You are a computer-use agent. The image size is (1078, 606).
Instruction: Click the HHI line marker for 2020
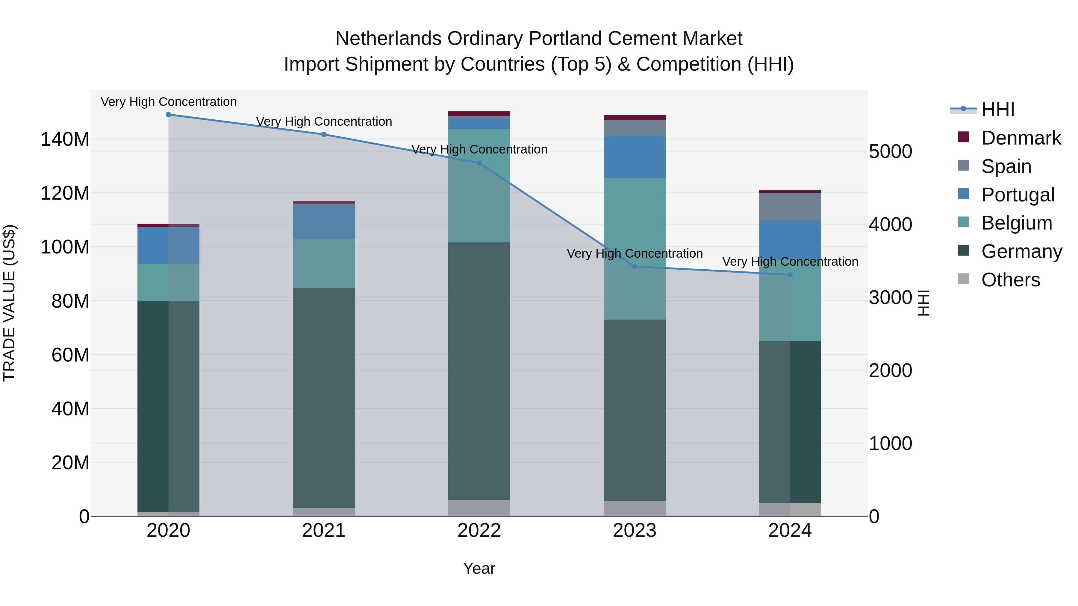[168, 114]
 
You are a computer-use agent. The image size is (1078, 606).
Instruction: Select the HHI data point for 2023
[635, 266]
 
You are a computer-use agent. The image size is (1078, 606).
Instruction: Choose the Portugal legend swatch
[963, 194]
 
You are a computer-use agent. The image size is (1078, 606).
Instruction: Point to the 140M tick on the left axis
[65, 139]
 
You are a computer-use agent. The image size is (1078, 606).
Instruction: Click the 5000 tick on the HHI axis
[891, 151]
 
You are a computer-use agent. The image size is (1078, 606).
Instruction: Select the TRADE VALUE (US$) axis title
[10, 303]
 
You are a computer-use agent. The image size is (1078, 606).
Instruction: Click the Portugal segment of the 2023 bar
[635, 157]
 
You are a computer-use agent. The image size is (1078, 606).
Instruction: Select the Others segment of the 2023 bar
[635, 508]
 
